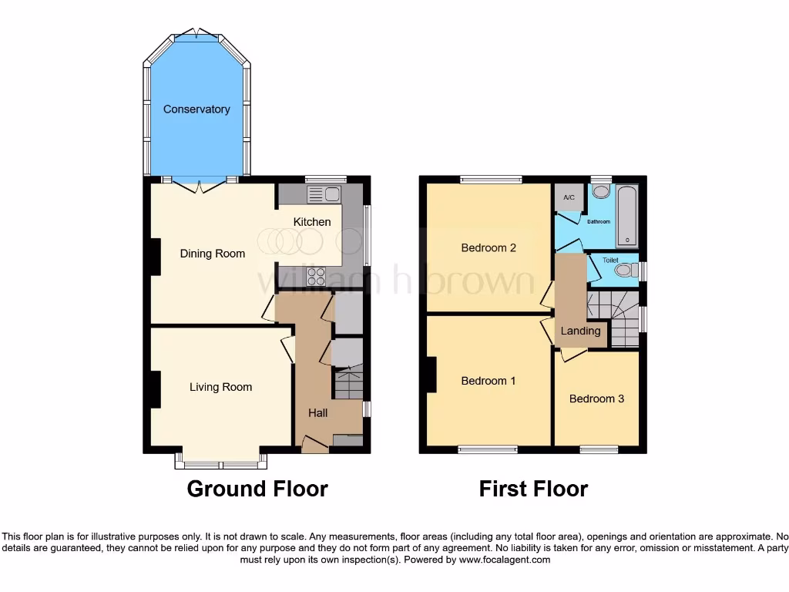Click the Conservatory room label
point(196,109)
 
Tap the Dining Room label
point(213,254)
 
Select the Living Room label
point(221,387)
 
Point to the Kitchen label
point(312,222)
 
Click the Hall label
point(318,413)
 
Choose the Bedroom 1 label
point(489,381)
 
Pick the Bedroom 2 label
point(489,248)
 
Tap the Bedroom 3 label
point(596,399)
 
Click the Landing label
point(580,331)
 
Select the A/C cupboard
point(569,198)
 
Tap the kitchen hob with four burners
point(317,275)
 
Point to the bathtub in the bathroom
point(627,214)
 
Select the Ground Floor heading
point(257,489)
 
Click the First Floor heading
point(533,489)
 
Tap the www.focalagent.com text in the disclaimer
point(505,560)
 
